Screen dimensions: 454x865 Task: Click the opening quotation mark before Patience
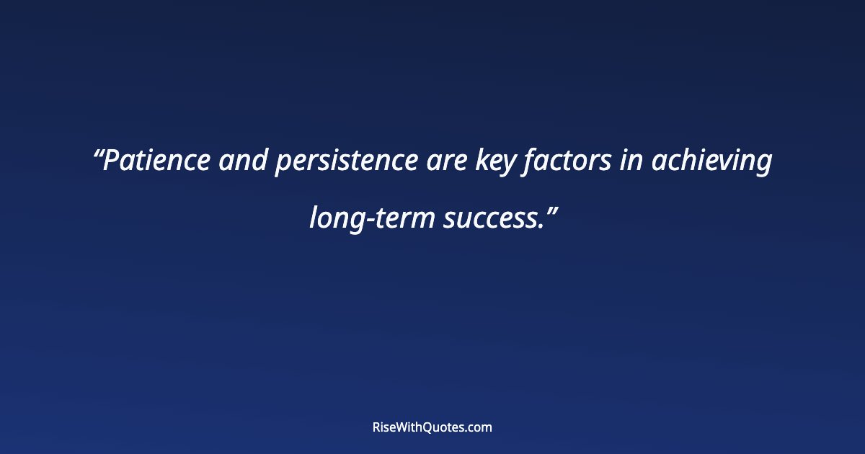point(99,153)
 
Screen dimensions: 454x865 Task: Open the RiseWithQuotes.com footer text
point(432,427)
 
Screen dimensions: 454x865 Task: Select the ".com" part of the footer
point(479,427)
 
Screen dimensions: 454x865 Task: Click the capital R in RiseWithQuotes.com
point(376,427)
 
